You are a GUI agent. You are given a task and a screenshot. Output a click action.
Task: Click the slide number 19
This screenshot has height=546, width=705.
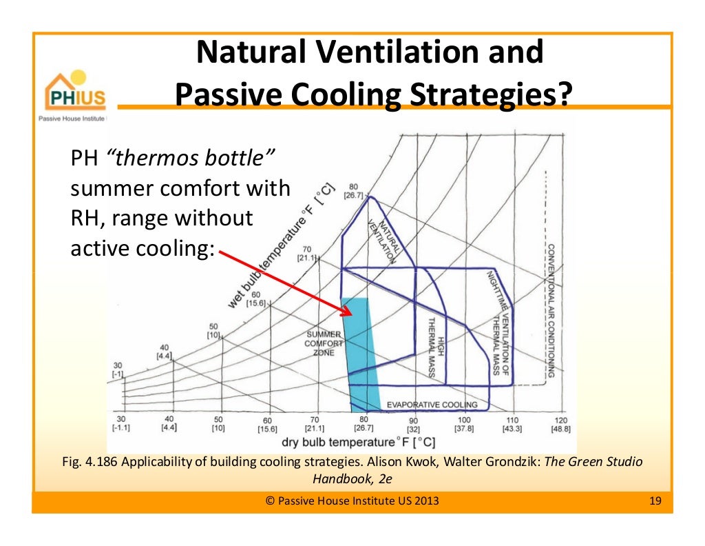pos(655,501)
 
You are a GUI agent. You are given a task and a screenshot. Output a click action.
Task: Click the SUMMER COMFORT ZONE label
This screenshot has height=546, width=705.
pos(324,343)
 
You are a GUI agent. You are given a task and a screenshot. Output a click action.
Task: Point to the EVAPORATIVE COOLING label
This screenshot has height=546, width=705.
pos(432,405)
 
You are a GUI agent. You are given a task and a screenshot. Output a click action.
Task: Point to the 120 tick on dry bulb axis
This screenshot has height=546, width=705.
pos(560,424)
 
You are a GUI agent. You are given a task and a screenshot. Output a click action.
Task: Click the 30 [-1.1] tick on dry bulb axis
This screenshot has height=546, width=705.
pos(120,423)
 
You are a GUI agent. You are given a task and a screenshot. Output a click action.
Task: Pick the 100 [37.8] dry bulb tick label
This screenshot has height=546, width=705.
pos(463,424)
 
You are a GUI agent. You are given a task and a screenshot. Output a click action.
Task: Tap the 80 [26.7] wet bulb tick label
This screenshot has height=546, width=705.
pos(354,190)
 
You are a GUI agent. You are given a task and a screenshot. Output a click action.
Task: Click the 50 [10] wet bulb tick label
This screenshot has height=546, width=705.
pos(213,330)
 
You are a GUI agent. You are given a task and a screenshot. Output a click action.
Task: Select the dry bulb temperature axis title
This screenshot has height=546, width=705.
pos(357,442)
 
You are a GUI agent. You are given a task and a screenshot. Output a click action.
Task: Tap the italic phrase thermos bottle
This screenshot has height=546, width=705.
pos(191,159)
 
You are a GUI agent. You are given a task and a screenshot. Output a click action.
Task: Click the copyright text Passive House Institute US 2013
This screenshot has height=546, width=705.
pos(352,501)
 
